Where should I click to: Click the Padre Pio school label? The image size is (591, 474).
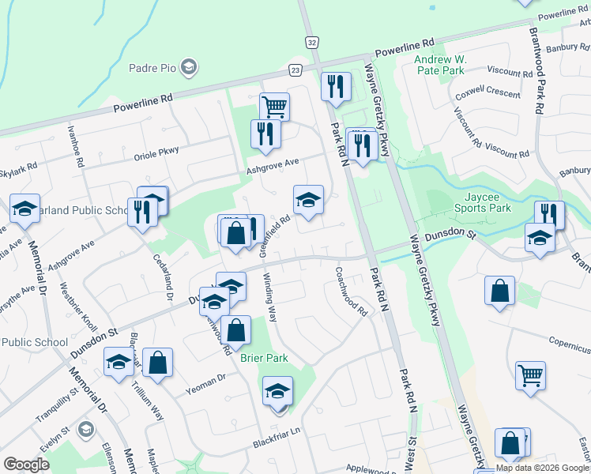[x=153, y=68]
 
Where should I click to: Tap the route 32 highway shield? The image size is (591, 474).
[x=313, y=41]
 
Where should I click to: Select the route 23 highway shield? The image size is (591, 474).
[x=295, y=70]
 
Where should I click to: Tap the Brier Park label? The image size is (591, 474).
[x=264, y=358]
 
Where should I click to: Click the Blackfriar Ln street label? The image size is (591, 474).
[x=275, y=431]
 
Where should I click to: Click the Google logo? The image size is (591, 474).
[x=26, y=465]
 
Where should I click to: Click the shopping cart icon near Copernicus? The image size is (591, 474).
[x=530, y=374]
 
